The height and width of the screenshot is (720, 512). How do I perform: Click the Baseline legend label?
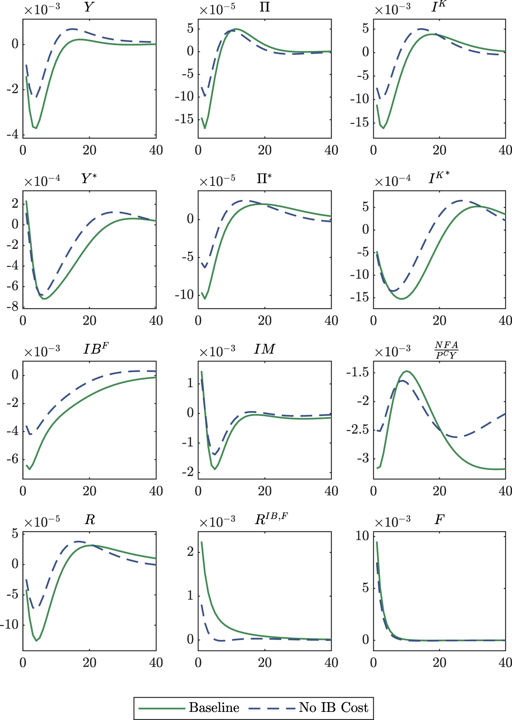click(x=214, y=708)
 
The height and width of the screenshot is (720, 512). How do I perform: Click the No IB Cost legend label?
click(x=333, y=708)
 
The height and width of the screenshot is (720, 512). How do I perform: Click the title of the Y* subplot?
click(x=89, y=179)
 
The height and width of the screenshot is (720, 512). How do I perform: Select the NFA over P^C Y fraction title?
click(x=446, y=350)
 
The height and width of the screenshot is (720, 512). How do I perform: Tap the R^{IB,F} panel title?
click(x=271, y=519)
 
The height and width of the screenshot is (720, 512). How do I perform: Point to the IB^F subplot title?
click(x=96, y=349)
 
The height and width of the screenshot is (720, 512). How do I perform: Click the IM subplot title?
click(x=264, y=349)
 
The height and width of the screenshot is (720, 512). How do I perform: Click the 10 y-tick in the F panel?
click(x=362, y=536)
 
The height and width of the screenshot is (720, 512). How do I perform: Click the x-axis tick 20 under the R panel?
click(x=89, y=662)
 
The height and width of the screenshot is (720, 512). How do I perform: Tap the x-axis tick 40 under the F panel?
click(x=505, y=662)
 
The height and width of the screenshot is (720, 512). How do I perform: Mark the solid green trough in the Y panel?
click(x=36, y=128)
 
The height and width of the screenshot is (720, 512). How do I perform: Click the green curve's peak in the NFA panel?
click(x=407, y=371)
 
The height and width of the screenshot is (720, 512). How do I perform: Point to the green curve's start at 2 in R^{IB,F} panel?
click(x=202, y=542)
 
